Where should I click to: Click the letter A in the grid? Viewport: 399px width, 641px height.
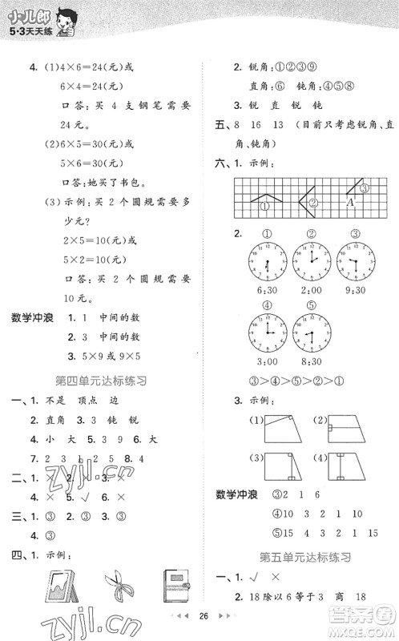pos(350,203)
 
